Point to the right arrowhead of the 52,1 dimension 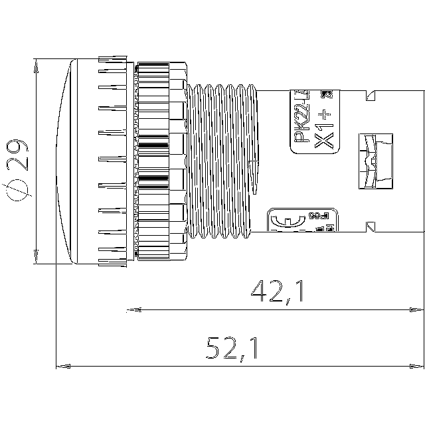pyautogui.click(x=418, y=366)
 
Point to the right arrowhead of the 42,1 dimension pyautogui.click(x=418, y=309)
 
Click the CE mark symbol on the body pyautogui.click(x=281, y=221)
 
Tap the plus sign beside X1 pyautogui.click(x=325, y=113)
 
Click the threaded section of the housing pyautogui.click(x=219, y=159)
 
